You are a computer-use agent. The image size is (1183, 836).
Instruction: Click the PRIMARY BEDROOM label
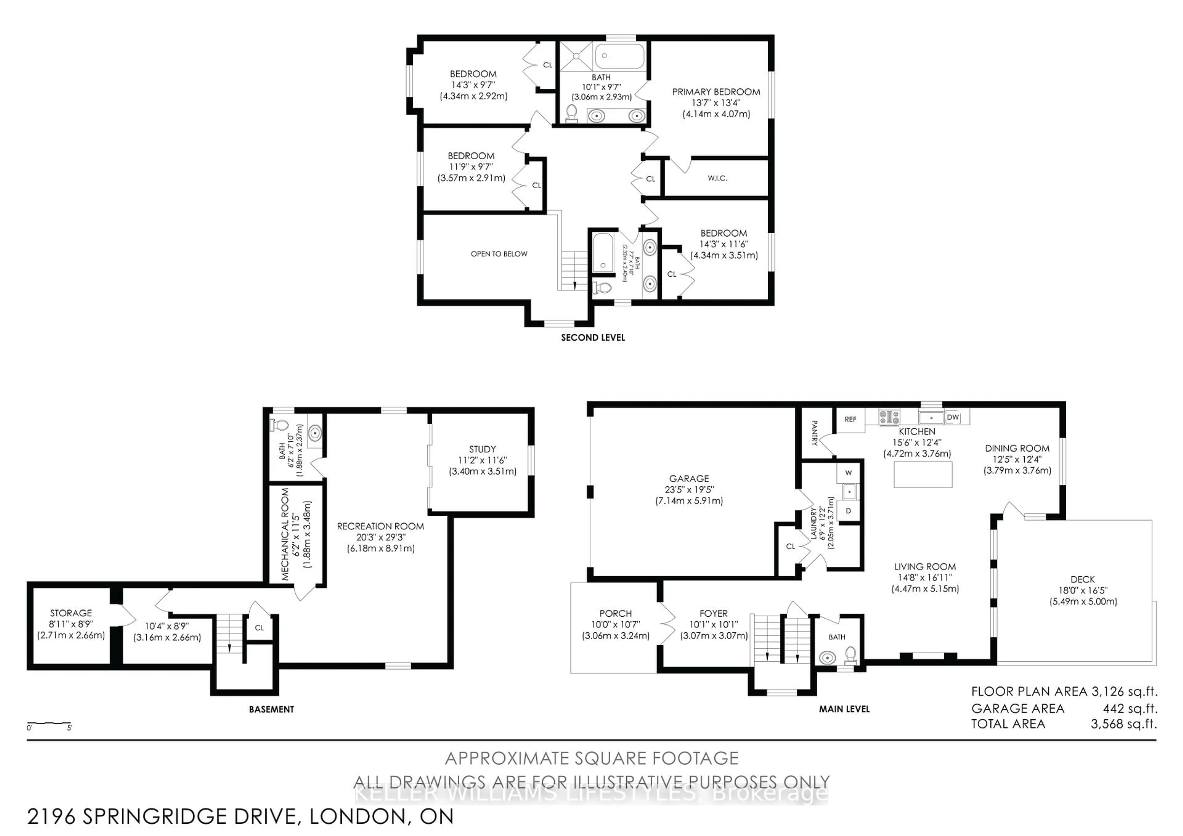pos(716,92)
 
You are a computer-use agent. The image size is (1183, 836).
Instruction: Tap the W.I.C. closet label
pos(717,178)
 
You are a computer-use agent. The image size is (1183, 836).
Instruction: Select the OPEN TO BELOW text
pos(499,254)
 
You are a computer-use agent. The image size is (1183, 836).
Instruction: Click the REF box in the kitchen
pos(850,419)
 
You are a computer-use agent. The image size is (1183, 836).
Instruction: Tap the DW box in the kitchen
pos(953,417)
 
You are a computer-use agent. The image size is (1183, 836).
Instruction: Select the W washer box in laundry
pos(848,472)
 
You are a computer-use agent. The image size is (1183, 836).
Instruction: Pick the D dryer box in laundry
pos(848,511)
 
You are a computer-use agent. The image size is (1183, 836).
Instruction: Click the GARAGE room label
pos(689,478)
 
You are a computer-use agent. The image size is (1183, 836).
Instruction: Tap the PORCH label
pos(615,614)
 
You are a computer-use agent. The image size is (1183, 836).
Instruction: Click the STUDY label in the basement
pos(482,449)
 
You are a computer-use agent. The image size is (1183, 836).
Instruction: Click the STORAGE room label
pos(71,613)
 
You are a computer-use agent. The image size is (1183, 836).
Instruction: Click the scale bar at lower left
pos(49,724)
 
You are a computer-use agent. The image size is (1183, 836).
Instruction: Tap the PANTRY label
pos(815,433)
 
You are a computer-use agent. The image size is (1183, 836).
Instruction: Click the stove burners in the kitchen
pos(889,417)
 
